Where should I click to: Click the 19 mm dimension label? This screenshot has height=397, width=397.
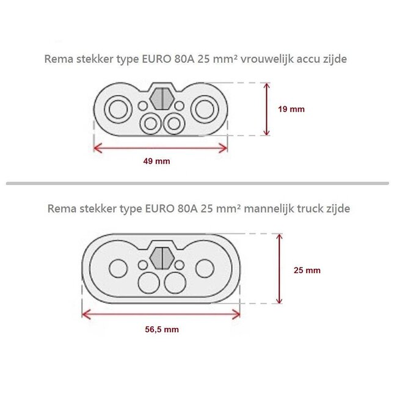pyautogui.click(x=291, y=109)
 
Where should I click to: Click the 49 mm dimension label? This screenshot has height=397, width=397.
pyautogui.click(x=161, y=162)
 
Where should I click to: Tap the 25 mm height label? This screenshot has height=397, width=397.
pyautogui.click(x=307, y=269)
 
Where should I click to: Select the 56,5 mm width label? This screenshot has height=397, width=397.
pyautogui.click(x=162, y=329)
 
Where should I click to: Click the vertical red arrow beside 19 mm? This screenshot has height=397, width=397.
pyautogui.click(x=266, y=109)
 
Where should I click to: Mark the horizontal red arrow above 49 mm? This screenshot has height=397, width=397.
pyautogui.click(x=161, y=147)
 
